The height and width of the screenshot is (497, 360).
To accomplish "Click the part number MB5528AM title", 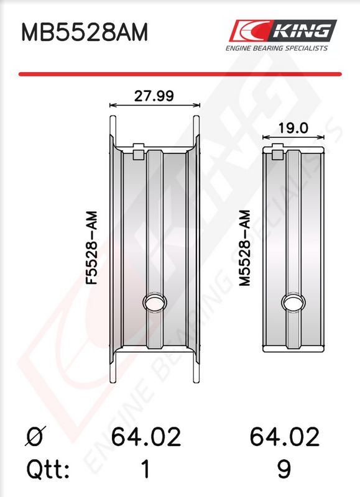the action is (x=85, y=32).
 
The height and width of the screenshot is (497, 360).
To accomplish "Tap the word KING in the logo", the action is (x=302, y=30).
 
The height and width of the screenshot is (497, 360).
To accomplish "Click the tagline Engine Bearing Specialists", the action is (x=277, y=48).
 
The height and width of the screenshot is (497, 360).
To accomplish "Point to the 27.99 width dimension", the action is (x=154, y=96).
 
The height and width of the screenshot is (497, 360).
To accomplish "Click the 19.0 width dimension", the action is (x=293, y=128).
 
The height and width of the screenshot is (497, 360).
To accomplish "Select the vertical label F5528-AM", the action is (x=92, y=248).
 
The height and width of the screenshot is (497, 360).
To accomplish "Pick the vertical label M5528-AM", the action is (x=245, y=248).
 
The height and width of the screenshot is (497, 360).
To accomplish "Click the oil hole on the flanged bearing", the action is (x=155, y=303).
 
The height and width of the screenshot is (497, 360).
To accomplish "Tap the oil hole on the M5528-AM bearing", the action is (x=293, y=302).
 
